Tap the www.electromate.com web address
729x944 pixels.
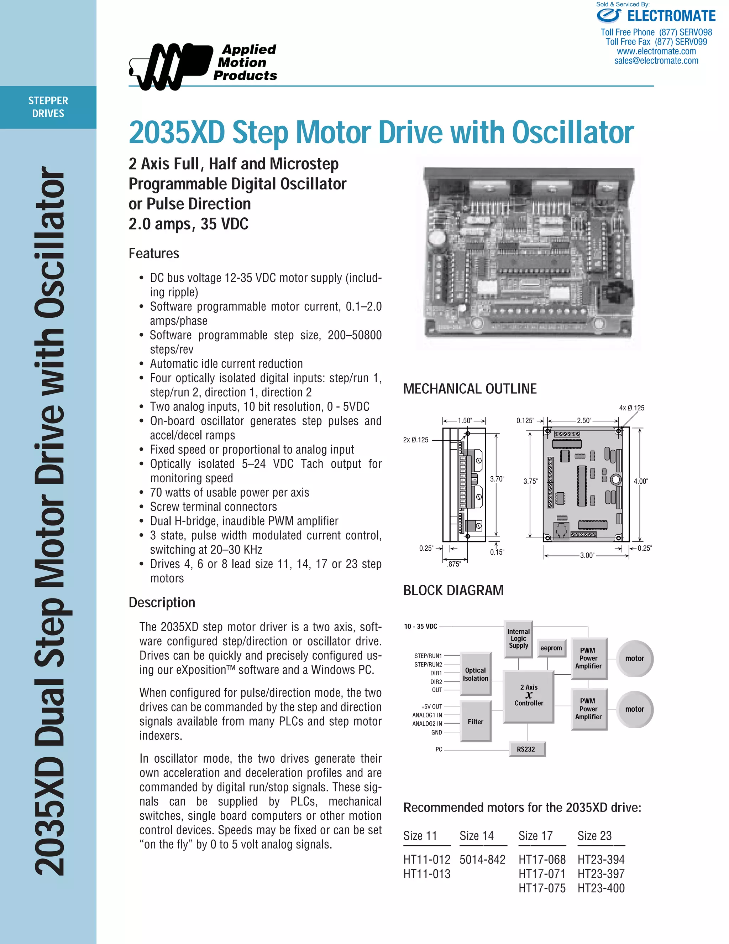(x=656, y=51)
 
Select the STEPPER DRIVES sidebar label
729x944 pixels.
(x=48, y=107)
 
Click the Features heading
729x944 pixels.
(x=154, y=253)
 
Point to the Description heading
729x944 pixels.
(x=162, y=602)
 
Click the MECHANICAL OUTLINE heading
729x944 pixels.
(x=470, y=389)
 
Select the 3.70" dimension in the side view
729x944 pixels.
(x=497, y=479)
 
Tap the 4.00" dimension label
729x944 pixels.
(x=640, y=481)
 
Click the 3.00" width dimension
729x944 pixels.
(x=587, y=555)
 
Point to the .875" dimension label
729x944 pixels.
(x=453, y=564)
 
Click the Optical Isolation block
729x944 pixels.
(x=476, y=674)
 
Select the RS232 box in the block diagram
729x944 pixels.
(x=526, y=749)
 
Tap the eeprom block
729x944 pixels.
(x=551, y=648)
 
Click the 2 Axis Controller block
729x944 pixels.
(x=529, y=695)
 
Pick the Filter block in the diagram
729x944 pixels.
(x=476, y=721)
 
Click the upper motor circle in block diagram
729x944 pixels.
(x=634, y=658)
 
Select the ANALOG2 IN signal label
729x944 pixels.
(x=427, y=723)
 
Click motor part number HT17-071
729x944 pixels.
(x=541, y=874)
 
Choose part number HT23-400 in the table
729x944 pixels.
(x=601, y=888)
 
